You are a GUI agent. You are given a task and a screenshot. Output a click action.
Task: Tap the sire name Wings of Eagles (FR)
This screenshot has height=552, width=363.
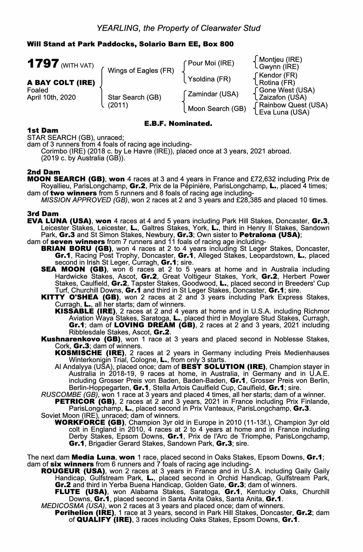pos(141,71)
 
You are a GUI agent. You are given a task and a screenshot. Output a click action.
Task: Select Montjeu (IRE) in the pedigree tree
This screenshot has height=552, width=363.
pos(280,60)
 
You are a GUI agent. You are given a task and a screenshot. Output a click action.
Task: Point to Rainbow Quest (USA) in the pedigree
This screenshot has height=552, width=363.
pos(293,105)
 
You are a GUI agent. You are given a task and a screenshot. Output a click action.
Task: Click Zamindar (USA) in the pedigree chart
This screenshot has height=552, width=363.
pos(213,94)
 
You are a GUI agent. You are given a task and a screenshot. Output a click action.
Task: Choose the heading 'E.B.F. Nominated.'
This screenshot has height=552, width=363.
pos(178,124)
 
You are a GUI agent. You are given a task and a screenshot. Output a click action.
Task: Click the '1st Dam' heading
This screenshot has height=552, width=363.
pos(43,130)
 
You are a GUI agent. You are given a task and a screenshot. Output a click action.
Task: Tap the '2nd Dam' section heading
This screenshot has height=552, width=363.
pos(43,172)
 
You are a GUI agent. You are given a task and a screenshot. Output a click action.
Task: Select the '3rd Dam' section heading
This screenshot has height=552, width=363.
pos(43,214)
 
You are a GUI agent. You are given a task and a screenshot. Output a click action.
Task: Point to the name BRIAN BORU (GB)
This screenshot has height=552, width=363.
pos(76,249)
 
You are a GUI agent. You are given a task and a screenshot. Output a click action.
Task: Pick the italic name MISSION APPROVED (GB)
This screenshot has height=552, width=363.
pos(84,200)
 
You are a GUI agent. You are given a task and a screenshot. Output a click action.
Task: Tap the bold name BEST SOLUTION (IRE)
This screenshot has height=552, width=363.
pos(223,367)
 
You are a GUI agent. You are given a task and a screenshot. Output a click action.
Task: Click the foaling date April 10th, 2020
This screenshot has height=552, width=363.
pos(51,97)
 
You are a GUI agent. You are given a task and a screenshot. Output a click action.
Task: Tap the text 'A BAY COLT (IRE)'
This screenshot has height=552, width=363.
pos(61,83)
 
